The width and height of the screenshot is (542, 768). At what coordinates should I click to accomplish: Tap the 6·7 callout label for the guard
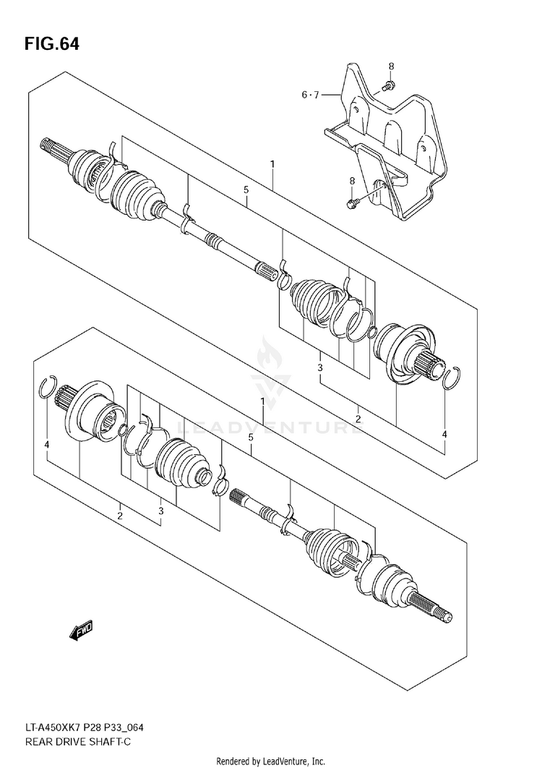(310, 95)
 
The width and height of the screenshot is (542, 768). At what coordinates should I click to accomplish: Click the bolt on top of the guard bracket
(386, 85)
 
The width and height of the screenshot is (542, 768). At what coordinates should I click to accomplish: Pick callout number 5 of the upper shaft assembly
(246, 189)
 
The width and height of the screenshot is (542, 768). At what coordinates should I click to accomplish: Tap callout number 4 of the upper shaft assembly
(444, 435)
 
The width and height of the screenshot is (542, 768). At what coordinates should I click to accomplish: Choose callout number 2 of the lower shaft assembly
(120, 515)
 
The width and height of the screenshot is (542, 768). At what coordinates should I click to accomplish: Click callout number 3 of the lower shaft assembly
(160, 511)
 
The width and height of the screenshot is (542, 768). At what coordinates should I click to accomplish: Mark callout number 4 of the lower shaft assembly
(46, 444)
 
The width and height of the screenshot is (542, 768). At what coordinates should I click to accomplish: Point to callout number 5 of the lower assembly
(250, 438)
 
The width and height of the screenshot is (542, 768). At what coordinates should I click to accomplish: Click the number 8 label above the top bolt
(392, 67)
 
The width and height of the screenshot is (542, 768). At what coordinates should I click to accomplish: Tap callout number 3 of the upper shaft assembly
(319, 369)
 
